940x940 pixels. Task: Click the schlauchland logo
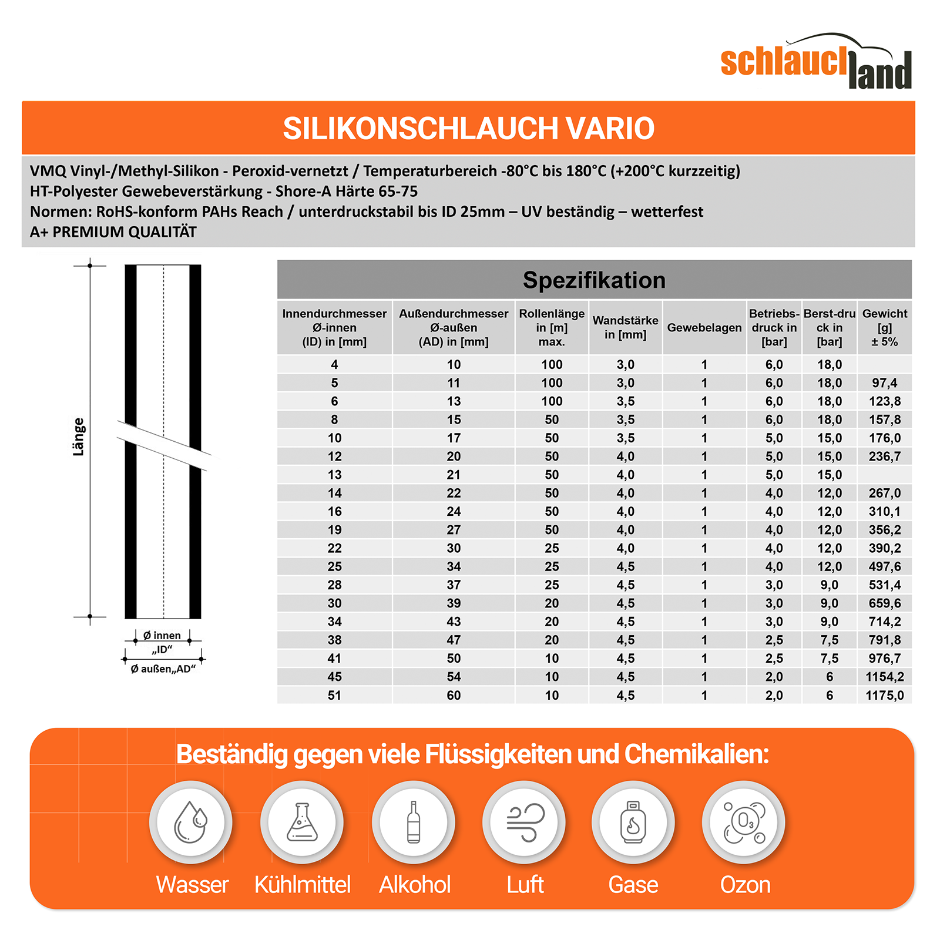point(815,62)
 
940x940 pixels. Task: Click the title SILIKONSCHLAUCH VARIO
point(468,129)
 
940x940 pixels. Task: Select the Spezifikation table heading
point(594,280)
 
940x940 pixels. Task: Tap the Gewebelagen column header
point(704,328)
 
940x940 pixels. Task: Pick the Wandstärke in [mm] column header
point(625,328)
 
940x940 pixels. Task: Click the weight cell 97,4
point(884,383)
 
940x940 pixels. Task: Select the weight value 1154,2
point(884,677)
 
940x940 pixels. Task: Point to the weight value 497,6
point(884,566)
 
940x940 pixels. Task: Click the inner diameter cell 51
point(334,695)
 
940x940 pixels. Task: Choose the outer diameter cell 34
point(454,566)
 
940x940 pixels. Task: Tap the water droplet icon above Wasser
point(191,822)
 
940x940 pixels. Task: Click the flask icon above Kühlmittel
point(302,822)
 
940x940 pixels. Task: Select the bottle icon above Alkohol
point(414,822)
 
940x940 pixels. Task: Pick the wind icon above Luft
point(524,822)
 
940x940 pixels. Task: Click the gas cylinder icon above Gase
point(633,822)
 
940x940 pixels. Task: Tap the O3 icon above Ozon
point(744,822)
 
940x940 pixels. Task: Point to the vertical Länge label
point(79,437)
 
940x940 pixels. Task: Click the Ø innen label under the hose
point(162,636)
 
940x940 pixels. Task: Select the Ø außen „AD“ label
point(163,669)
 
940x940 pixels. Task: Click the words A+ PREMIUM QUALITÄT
point(113,232)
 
